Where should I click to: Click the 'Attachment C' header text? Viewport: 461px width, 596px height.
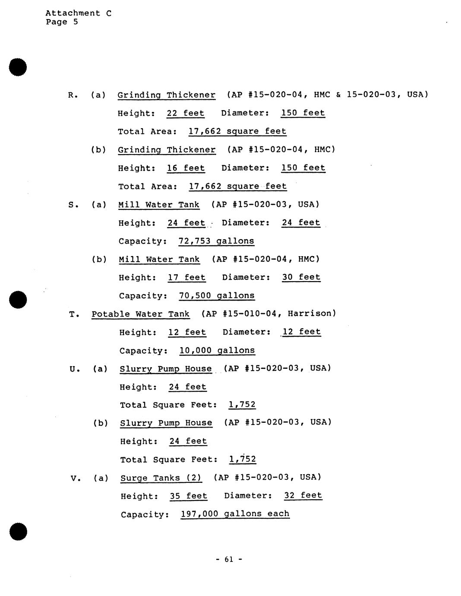point(78,13)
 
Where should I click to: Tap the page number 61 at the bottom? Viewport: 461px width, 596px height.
point(229,559)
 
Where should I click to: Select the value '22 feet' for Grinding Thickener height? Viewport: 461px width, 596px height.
point(185,113)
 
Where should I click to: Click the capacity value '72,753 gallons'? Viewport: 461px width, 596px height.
point(216,241)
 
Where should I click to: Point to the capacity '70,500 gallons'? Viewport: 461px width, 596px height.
point(217,296)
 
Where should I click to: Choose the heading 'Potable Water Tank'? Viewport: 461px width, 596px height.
point(140,314)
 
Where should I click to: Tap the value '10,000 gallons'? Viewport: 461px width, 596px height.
point(217,350)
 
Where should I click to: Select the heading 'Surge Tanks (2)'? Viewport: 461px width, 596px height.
point(161,478)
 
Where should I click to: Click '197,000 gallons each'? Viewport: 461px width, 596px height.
point(235,514)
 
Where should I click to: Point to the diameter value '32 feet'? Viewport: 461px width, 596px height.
point(303,495)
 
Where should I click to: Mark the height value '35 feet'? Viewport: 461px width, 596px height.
point(188,496)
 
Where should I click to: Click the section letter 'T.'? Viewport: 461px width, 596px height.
point(74,314)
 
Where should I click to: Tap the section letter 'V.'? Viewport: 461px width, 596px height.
point(76,478)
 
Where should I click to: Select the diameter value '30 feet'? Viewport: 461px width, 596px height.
point(301,277)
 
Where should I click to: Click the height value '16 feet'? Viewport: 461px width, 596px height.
point(186,168)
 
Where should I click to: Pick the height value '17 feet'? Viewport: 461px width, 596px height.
point(186,277)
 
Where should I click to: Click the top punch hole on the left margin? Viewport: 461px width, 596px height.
point(18,67)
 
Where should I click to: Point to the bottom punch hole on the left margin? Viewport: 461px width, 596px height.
point(18,531)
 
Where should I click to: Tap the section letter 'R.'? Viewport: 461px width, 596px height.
point(73,95)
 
